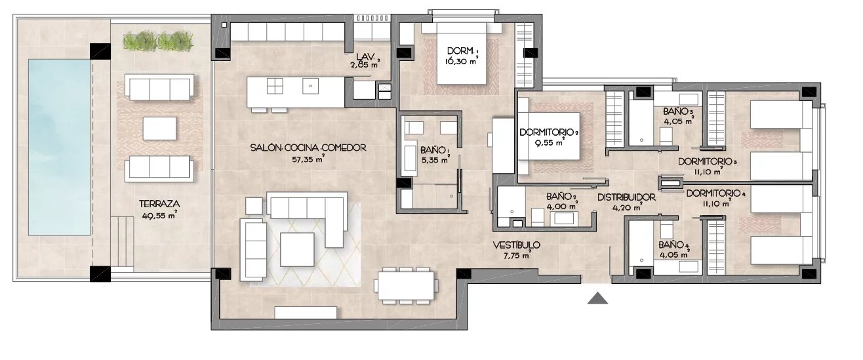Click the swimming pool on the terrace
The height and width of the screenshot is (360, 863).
[x=60, y=147]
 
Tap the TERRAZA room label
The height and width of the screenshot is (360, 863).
[x=159, y=204]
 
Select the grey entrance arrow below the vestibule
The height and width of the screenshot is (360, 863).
[x=597, y=298]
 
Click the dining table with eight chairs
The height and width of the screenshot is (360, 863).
[x=406, y=286]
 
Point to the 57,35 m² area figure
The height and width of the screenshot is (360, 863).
[x=308, y=159]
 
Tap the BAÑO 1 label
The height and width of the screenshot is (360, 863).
[x=434, y=150]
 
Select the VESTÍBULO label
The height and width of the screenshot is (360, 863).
[x=517, y=245]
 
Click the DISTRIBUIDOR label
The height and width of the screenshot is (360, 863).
[x=626, y=197]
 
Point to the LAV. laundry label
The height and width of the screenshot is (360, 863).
[x=365, y=56]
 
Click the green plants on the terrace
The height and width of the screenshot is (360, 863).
[x=158, y=41]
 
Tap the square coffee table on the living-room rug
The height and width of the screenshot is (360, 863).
[x=297, y=249]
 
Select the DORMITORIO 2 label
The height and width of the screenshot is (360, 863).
[x=549, y=132]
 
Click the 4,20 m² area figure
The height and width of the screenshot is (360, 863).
[x=626, y=207]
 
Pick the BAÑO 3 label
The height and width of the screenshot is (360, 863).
[x=679, y=111]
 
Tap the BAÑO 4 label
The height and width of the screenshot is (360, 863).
[x=674, y=245]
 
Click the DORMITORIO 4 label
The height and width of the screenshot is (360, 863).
[x=716, y=193]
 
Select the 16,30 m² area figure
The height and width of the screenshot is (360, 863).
[x=462, y=60]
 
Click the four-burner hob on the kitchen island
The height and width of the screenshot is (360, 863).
[x=275, y=86]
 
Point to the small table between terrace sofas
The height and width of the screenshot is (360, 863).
[x=159, y=129]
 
